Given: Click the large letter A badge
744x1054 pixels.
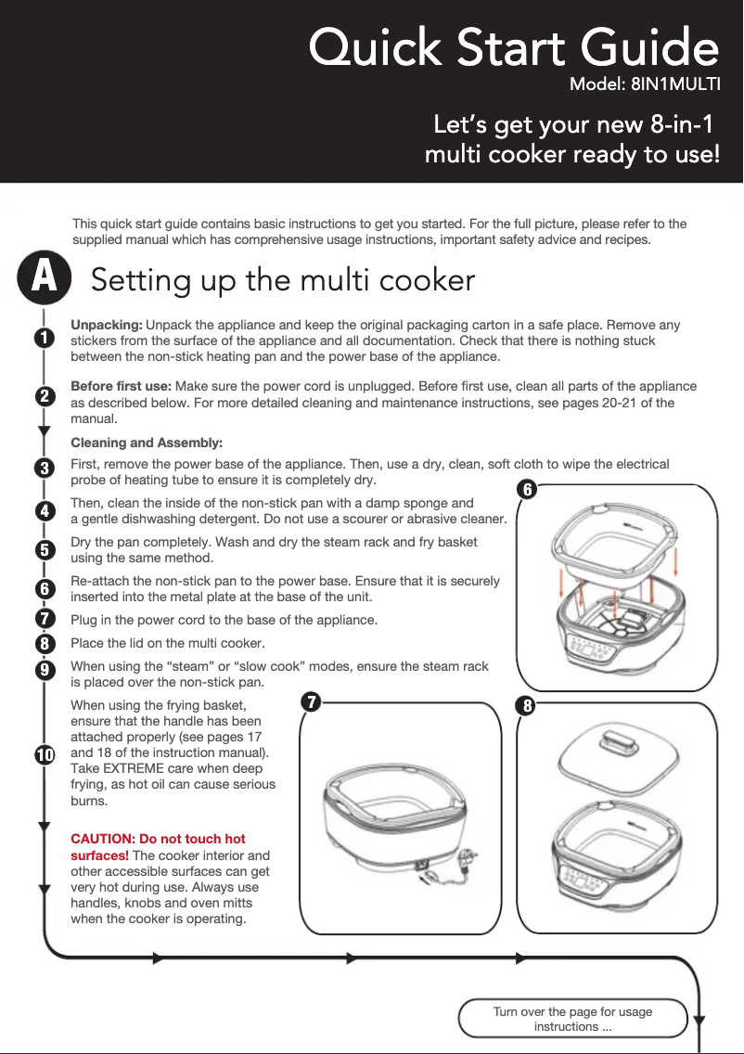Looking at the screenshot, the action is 45,276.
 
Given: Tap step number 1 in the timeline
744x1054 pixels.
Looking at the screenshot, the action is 45,337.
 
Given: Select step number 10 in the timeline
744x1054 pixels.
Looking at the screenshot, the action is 45,755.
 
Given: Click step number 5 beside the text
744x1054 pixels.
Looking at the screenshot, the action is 45,550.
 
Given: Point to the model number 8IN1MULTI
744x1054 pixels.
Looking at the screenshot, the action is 674,84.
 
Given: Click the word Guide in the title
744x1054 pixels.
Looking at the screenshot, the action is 650,47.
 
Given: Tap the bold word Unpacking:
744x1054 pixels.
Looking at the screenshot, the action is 106,326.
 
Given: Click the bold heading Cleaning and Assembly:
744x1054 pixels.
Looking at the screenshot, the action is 147,443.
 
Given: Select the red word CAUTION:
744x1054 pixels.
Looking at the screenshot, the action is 103,839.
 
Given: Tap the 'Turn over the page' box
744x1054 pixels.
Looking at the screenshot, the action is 572,1019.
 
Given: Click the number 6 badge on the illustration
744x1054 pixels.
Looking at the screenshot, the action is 527,489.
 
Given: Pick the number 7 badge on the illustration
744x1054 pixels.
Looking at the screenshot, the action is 311,702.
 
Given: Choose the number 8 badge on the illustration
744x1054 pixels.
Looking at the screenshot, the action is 527,706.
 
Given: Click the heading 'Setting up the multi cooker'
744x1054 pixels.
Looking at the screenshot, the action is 283,280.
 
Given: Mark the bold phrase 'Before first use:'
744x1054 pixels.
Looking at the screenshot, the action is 121,387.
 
